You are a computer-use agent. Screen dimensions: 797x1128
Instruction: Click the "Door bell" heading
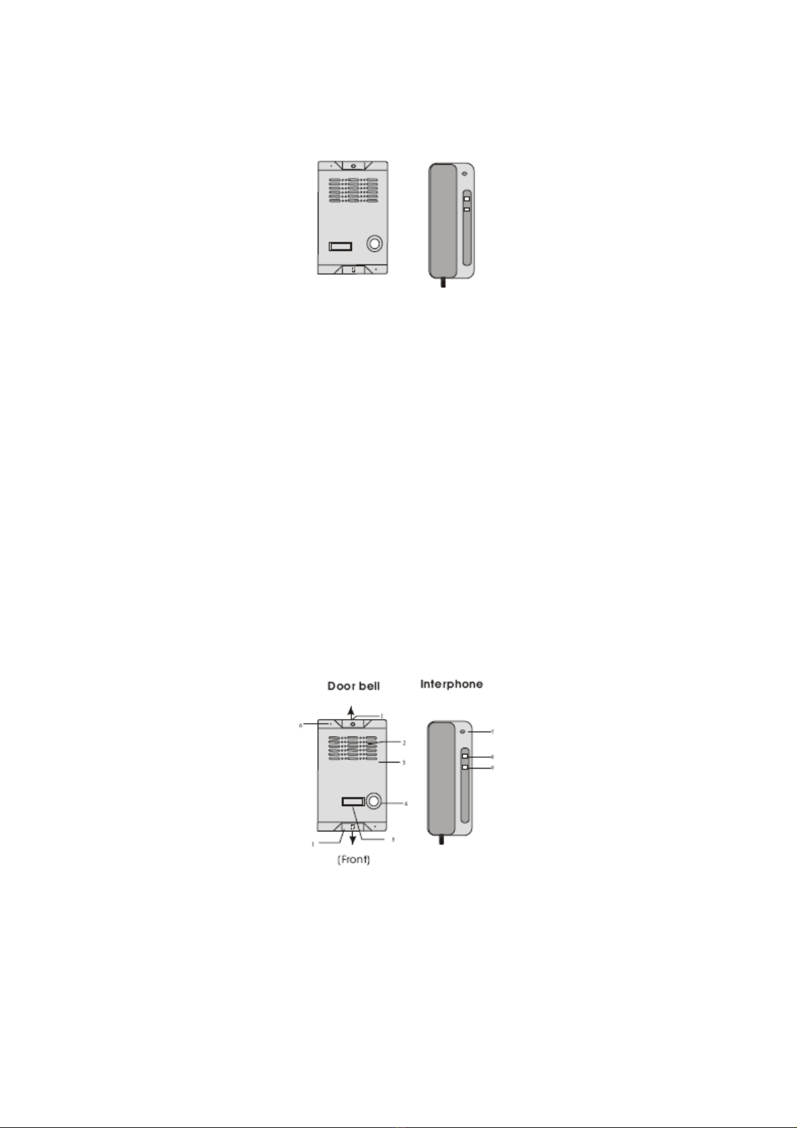[x=353, y=686]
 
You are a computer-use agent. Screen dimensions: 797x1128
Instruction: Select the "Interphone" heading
[x=452, y=684]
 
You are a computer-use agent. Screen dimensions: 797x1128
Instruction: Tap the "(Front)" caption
[x=353, y=860]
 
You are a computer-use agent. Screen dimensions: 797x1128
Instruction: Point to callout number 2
[x=404, y=743]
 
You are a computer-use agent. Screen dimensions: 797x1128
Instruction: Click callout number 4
[x=406, y=804]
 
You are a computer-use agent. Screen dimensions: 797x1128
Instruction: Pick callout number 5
[x=393, y=839]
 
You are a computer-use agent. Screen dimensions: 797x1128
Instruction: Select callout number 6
[x=301, y=725]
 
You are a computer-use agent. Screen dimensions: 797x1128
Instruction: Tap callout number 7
[x=493, y=732]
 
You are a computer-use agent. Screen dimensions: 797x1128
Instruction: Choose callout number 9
[x=493, y=768]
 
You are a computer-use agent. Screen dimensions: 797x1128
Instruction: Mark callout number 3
[x=404, y=762]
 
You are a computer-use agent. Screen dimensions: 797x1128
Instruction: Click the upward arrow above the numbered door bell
[x=353, y=710]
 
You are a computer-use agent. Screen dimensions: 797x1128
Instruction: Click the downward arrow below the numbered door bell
[x=353, y=839]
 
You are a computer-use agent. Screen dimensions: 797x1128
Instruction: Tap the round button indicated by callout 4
[x=373, y=801]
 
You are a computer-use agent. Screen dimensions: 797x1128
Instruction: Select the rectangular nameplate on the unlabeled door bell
[x=340, y=246]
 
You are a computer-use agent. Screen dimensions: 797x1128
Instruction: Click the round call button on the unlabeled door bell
[x=374, y=243]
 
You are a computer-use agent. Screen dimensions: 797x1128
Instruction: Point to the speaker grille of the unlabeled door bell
[x=353, y=190]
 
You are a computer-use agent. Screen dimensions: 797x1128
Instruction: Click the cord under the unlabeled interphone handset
[x=442, y=283]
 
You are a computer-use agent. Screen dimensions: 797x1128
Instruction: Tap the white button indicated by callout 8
[x=465, y=756]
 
